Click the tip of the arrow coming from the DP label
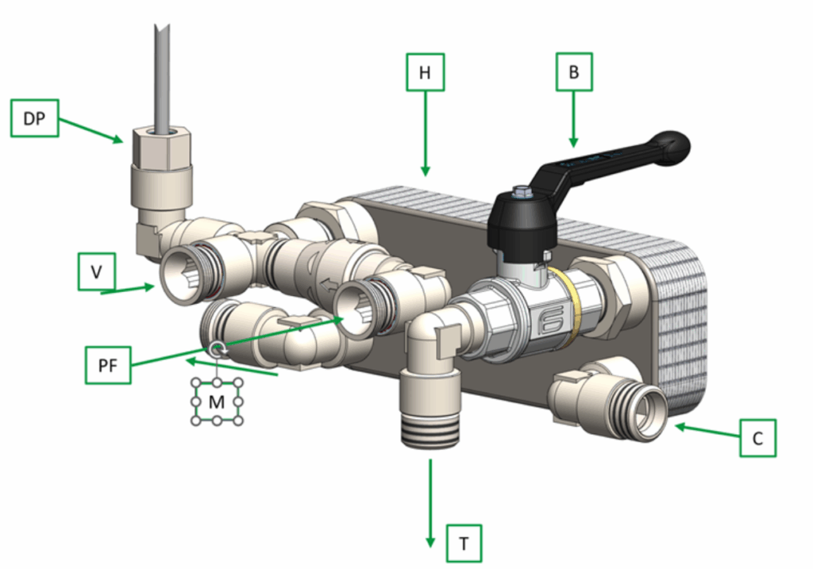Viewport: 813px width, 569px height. [123, 141]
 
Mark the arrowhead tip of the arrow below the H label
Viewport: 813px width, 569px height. [426, 175]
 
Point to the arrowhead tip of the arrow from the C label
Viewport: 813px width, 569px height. [675, 426]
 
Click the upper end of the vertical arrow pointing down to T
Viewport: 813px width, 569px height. [430, 459]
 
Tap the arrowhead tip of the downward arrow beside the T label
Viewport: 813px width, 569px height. [430, 547]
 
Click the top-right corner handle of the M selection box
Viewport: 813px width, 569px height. [239, 383]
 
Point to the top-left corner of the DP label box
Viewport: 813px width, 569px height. [11, 100]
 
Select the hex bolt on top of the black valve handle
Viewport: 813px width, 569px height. [520, 193]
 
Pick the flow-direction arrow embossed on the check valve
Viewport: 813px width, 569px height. [328, 285]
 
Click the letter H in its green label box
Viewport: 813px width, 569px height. [425, 72]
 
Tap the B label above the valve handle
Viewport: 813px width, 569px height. [574, 72]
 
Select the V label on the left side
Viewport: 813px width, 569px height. [96, 271]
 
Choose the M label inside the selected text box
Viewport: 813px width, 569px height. [217, 402]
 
